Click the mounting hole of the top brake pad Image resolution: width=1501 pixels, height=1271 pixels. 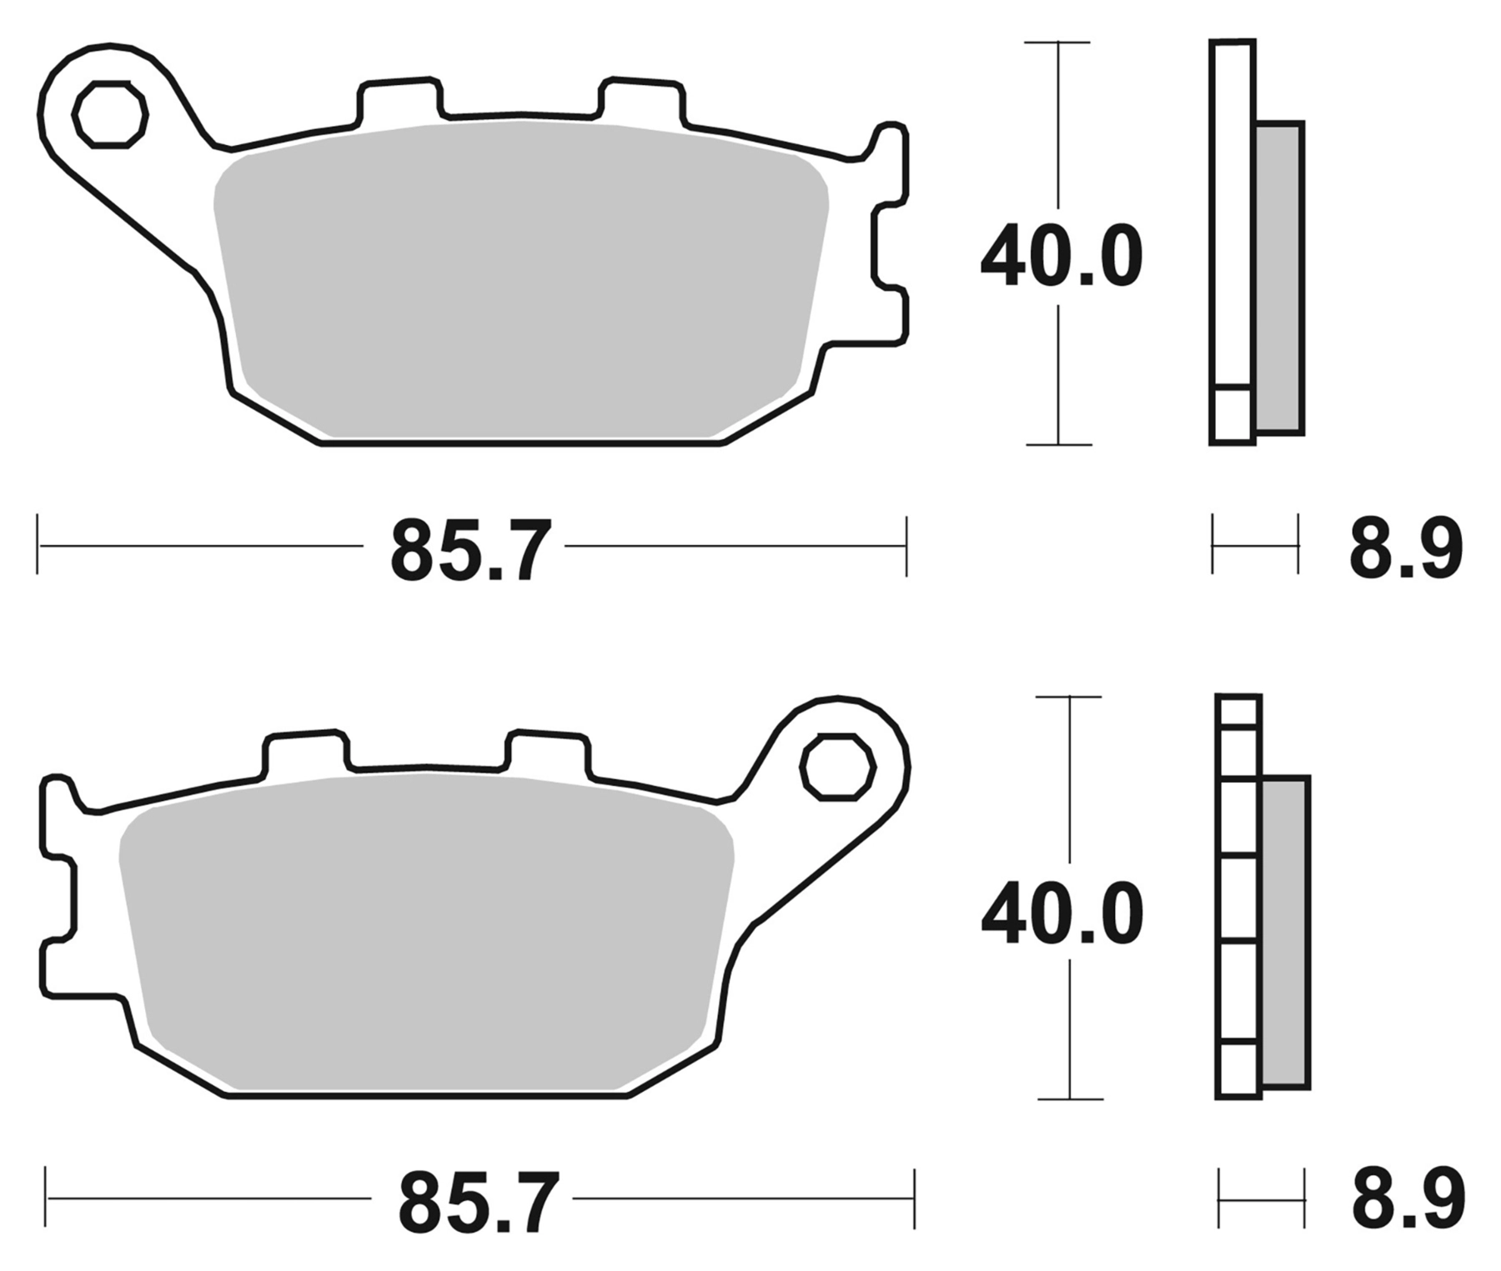click(110, 115)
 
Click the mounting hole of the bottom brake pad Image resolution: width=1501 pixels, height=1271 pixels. click(837, 767)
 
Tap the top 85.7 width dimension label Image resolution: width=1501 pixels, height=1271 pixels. click(470, 549)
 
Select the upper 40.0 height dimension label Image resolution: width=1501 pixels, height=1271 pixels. click(1061, 256)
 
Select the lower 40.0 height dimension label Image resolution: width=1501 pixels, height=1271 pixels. click(1061, 913)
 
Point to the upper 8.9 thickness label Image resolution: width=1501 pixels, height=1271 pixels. click(1406, 549)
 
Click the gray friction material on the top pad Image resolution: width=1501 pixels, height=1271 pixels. click(517, 283)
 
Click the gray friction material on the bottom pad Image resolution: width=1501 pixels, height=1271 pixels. click(425, 933)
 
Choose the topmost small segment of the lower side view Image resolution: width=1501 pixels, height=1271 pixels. click(1238, 712)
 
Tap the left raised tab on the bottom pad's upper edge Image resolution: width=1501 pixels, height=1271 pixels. click(304, 753)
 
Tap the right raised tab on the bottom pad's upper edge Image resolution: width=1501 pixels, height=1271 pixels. click(547, 753)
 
